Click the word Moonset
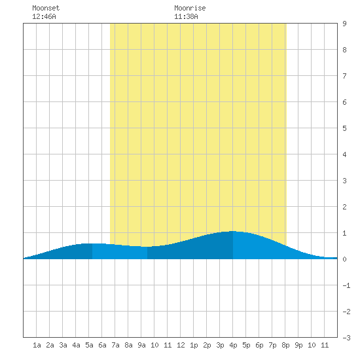point(46,8)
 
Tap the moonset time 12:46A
point(44,16)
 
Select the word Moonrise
point(190,8)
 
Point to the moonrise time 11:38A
point(186,16)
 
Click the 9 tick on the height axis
point(344,24)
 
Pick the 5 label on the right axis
point(344,128)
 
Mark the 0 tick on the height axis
point(344,259)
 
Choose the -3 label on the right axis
point(346,338)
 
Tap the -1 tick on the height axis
point(346,285)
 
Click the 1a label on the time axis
point(37,345)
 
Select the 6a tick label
point(102,345)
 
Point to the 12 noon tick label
point(181,345)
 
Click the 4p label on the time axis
point(233,345)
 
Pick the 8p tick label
point(285,345)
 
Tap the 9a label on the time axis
point(141,345)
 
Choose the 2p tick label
point(207,345)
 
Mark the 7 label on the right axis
point(344,76)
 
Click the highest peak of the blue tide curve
point(233,231)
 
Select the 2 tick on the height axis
point(344,207)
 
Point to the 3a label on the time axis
point(63,345)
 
